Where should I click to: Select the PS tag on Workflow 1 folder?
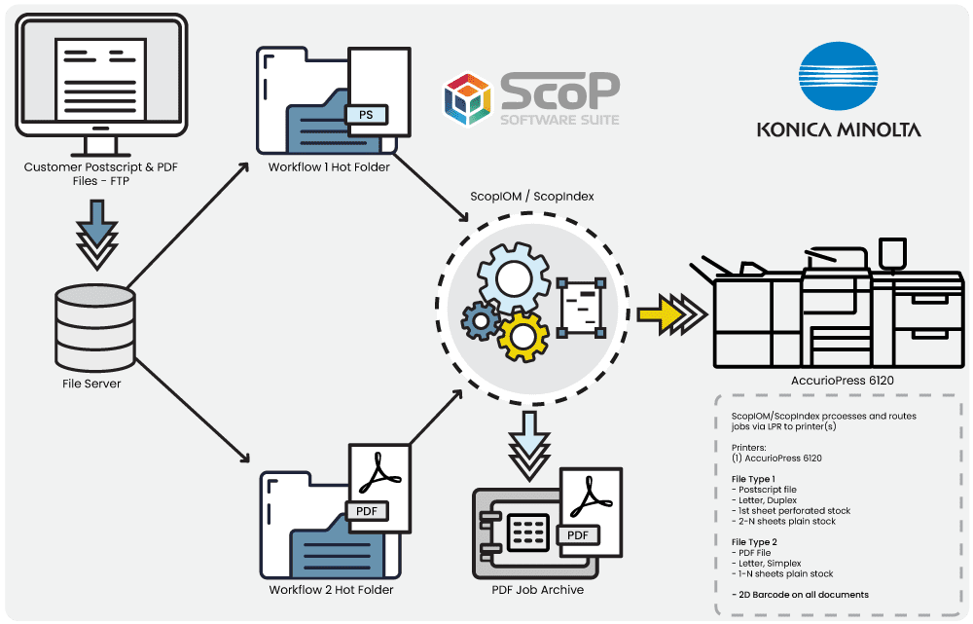point(366,116)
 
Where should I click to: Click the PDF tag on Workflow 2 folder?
point(367,511)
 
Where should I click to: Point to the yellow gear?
point(523,333)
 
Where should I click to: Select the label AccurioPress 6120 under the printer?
point(843,380)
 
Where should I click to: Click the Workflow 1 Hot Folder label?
point(329,166)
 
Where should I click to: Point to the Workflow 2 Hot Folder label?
point(331,589)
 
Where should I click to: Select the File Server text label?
point(90,384)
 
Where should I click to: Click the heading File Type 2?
point(753,541)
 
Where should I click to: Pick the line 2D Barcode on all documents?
point(800,594)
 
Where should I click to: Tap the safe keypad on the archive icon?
point(527,532)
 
